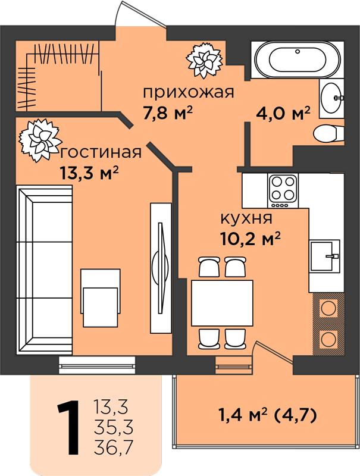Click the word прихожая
click(189, 92)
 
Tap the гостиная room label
click(101, 152)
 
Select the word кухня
click(246, 218)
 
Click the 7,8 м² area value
click(168, 113)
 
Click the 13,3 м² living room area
click(89, 173)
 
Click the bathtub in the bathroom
click(297, 60)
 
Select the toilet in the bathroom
click(328, 133)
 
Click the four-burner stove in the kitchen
click(283, 190)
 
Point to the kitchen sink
click(324, 255)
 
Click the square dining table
click(222, 303)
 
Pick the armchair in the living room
click(100, 298)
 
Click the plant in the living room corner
click(40, 140)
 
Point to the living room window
click(97, 365)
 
